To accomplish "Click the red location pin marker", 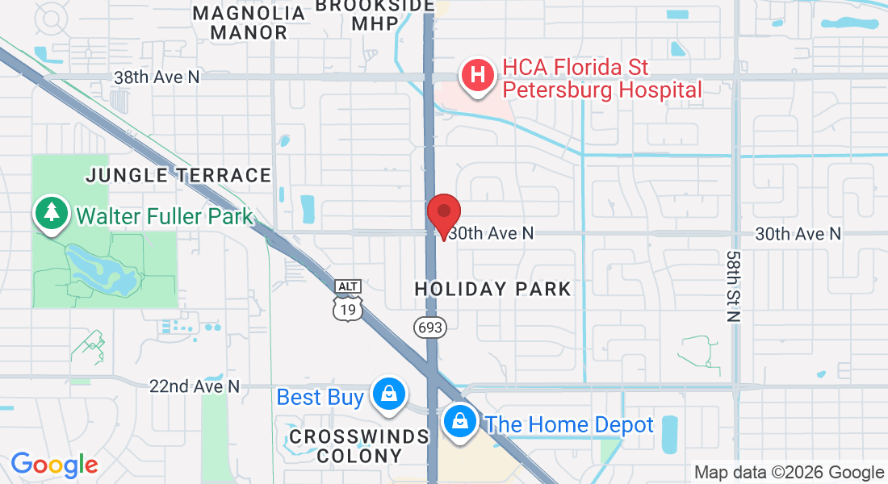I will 443,214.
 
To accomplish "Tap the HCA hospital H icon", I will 477,77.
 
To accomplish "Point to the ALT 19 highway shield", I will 348,301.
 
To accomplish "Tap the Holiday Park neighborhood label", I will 492,289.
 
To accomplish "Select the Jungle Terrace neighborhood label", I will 178,175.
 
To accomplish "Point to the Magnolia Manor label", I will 249,23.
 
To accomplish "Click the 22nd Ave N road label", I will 195,386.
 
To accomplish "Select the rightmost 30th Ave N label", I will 798,233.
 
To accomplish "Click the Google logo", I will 54,465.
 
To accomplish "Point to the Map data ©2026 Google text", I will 789,473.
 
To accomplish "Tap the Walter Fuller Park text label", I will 165,216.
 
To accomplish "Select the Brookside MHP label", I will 375,14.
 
